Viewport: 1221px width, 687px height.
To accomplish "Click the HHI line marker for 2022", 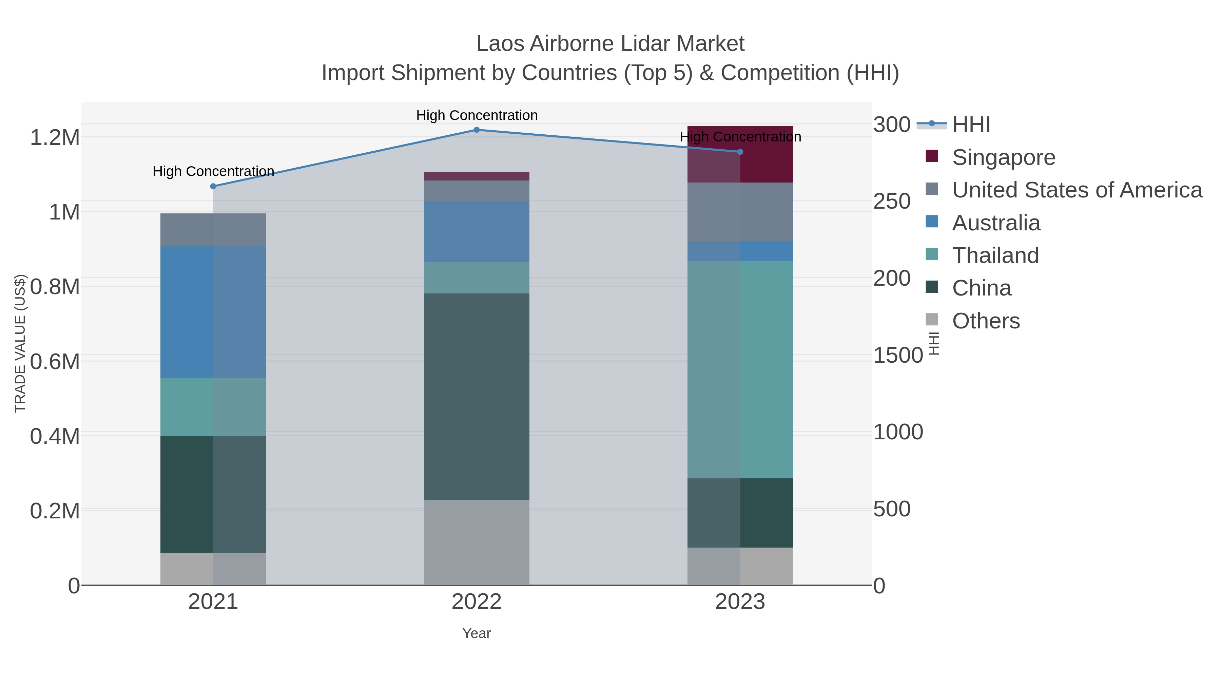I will [x=477, y=130].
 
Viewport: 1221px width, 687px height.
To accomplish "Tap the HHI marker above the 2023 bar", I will [x=740, y=152].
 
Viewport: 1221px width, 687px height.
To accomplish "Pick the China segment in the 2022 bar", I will [x=477, y=396].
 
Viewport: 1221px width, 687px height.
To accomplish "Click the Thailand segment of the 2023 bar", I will [x=740, y=369].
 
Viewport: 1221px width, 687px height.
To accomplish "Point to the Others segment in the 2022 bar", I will [x=477, y=542].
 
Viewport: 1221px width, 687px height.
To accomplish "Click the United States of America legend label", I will [x=1077, y=190].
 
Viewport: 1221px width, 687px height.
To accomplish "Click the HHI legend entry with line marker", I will [x=971, y=125].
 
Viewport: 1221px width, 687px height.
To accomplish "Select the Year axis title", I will [x=477, y=633].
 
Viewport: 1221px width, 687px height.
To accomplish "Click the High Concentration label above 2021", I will [x=213, y=171].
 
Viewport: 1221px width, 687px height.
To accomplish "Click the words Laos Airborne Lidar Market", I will [x=610, y=44].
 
